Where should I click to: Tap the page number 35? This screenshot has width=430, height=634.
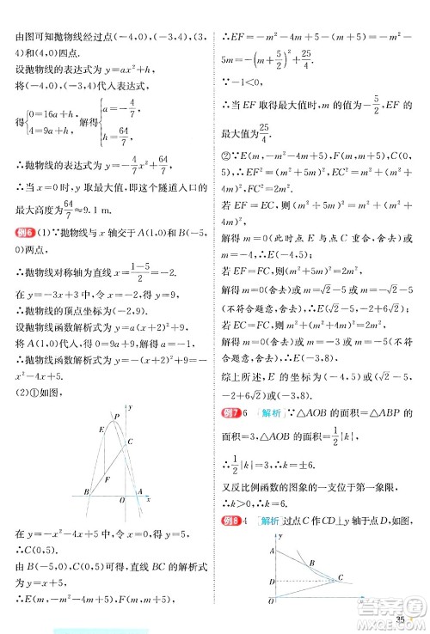click(x=401, y=620)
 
